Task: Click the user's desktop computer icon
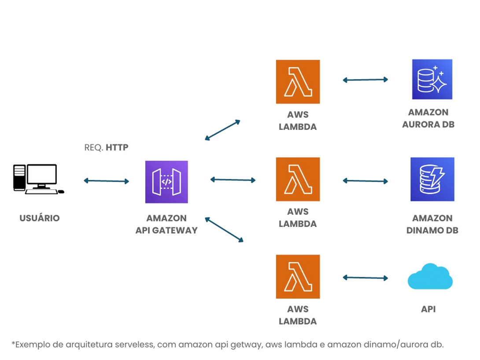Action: click(38, 179)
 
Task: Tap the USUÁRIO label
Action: click(40, 218)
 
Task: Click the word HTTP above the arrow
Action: click(117, 147)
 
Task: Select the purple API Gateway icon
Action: click(166, 182)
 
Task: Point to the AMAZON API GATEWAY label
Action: click(166, 224)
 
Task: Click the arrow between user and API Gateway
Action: click(106, 181)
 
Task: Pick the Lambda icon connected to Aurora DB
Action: click(298, 82)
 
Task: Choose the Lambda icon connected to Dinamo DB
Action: click(298, 179)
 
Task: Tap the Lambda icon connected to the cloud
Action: click(298, 276)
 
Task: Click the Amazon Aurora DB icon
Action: click(432, 79)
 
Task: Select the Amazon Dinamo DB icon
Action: click(432, 179)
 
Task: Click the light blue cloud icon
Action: click(430, 277)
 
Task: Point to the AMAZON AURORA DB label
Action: click(428, 118)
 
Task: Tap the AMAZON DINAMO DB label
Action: click(432, 224)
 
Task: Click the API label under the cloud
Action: click(428, 309)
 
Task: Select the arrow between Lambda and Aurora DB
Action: click(365, 80)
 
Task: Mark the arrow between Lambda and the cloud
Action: click(365, 278)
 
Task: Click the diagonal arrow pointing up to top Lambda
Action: click(222, 130)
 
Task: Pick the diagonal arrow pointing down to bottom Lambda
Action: click(224, 229)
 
